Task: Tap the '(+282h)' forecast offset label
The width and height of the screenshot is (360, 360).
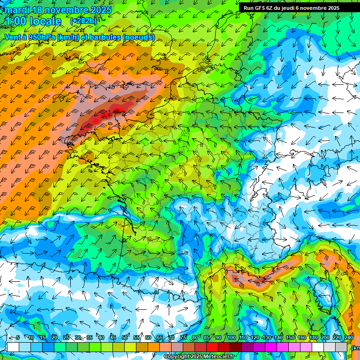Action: [83, 21]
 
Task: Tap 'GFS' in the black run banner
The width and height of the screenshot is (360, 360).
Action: [261, 8]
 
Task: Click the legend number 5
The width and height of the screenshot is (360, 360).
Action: [18, 338]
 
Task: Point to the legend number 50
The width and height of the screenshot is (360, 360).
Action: [125, 338]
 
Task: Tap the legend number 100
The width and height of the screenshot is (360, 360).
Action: [231, 338]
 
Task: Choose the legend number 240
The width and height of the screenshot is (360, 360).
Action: [349, 338]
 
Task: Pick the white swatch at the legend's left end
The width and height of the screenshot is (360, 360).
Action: [13, 347]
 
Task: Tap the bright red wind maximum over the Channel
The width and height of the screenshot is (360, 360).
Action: [96, 120]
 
